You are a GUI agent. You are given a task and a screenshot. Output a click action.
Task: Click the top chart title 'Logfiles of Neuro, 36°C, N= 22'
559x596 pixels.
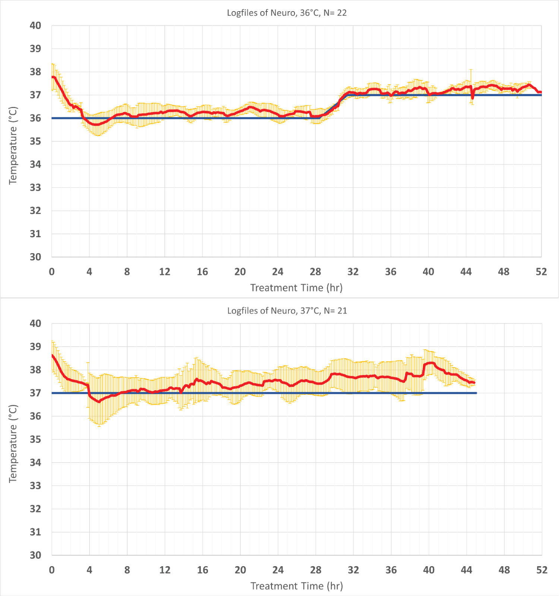coord(287,13)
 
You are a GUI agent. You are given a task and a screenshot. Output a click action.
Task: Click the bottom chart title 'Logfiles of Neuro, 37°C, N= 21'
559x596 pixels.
coord(287,311)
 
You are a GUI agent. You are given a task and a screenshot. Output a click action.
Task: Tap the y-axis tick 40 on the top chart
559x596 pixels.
coord(35,26)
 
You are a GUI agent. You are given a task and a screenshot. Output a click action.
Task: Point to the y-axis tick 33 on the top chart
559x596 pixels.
coord(35,187)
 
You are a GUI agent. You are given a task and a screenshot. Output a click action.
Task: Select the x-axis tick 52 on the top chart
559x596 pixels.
coord(541,272)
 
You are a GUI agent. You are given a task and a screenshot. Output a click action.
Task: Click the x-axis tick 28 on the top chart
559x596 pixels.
coord(315,272)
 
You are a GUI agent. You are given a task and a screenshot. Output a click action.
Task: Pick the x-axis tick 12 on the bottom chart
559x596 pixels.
coord(165,570)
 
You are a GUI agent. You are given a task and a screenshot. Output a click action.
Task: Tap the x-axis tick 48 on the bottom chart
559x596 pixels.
coord(504,570)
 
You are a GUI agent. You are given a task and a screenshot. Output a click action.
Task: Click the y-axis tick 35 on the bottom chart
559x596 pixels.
coord(35,439)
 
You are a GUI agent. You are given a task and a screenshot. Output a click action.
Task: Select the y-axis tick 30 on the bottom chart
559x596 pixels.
coord(35,555)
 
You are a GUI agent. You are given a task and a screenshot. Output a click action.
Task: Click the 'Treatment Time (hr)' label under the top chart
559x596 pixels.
coord(296,288)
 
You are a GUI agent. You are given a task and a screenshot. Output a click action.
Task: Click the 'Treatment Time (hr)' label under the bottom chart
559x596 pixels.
coord(297,586)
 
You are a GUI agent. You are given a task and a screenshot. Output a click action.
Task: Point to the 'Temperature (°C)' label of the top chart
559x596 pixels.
coord(13,145)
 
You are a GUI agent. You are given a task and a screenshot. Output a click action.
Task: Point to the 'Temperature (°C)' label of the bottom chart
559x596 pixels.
coord(13,444)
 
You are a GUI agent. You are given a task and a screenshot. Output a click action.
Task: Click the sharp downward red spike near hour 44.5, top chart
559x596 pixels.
coord(473,98)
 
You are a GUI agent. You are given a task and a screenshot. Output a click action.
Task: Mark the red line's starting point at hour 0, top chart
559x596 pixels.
coord(53,77)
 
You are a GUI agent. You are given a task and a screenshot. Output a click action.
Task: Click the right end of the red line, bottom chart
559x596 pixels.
coord(474,383)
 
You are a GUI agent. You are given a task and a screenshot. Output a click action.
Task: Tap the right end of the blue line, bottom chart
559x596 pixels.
coord(476,393)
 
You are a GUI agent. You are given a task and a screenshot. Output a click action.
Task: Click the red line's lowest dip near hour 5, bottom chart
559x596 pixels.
coord(99,402)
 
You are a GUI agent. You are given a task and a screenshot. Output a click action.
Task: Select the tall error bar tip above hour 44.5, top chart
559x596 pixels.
coord(471,70)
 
